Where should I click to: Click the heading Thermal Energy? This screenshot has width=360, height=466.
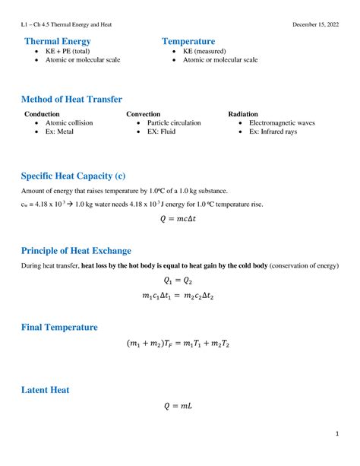[x=58, y=41]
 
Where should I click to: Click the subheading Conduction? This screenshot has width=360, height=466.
[x=43, y=113]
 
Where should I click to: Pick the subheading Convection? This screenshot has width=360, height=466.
[x=144, y=113]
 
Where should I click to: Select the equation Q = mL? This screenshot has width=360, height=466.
[x=180, y=407]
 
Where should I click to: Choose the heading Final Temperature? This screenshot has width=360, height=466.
[x=59, y=327]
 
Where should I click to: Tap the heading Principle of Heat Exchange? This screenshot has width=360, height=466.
[x=76, y=250]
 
